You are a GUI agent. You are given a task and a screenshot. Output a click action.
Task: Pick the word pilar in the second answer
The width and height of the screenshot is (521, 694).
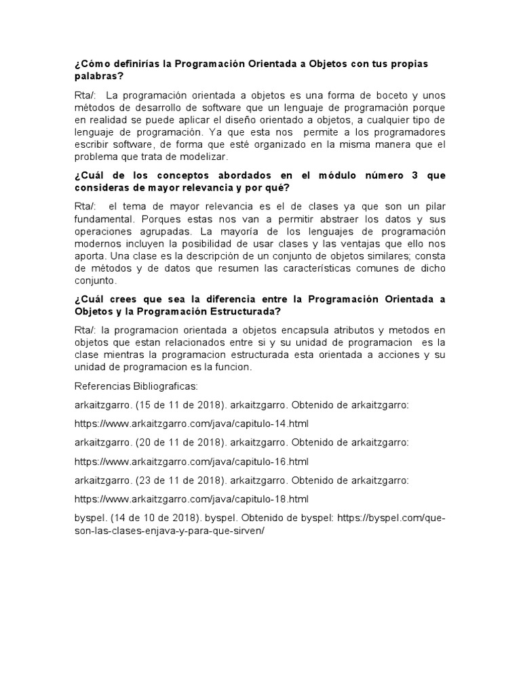[433, 205]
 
